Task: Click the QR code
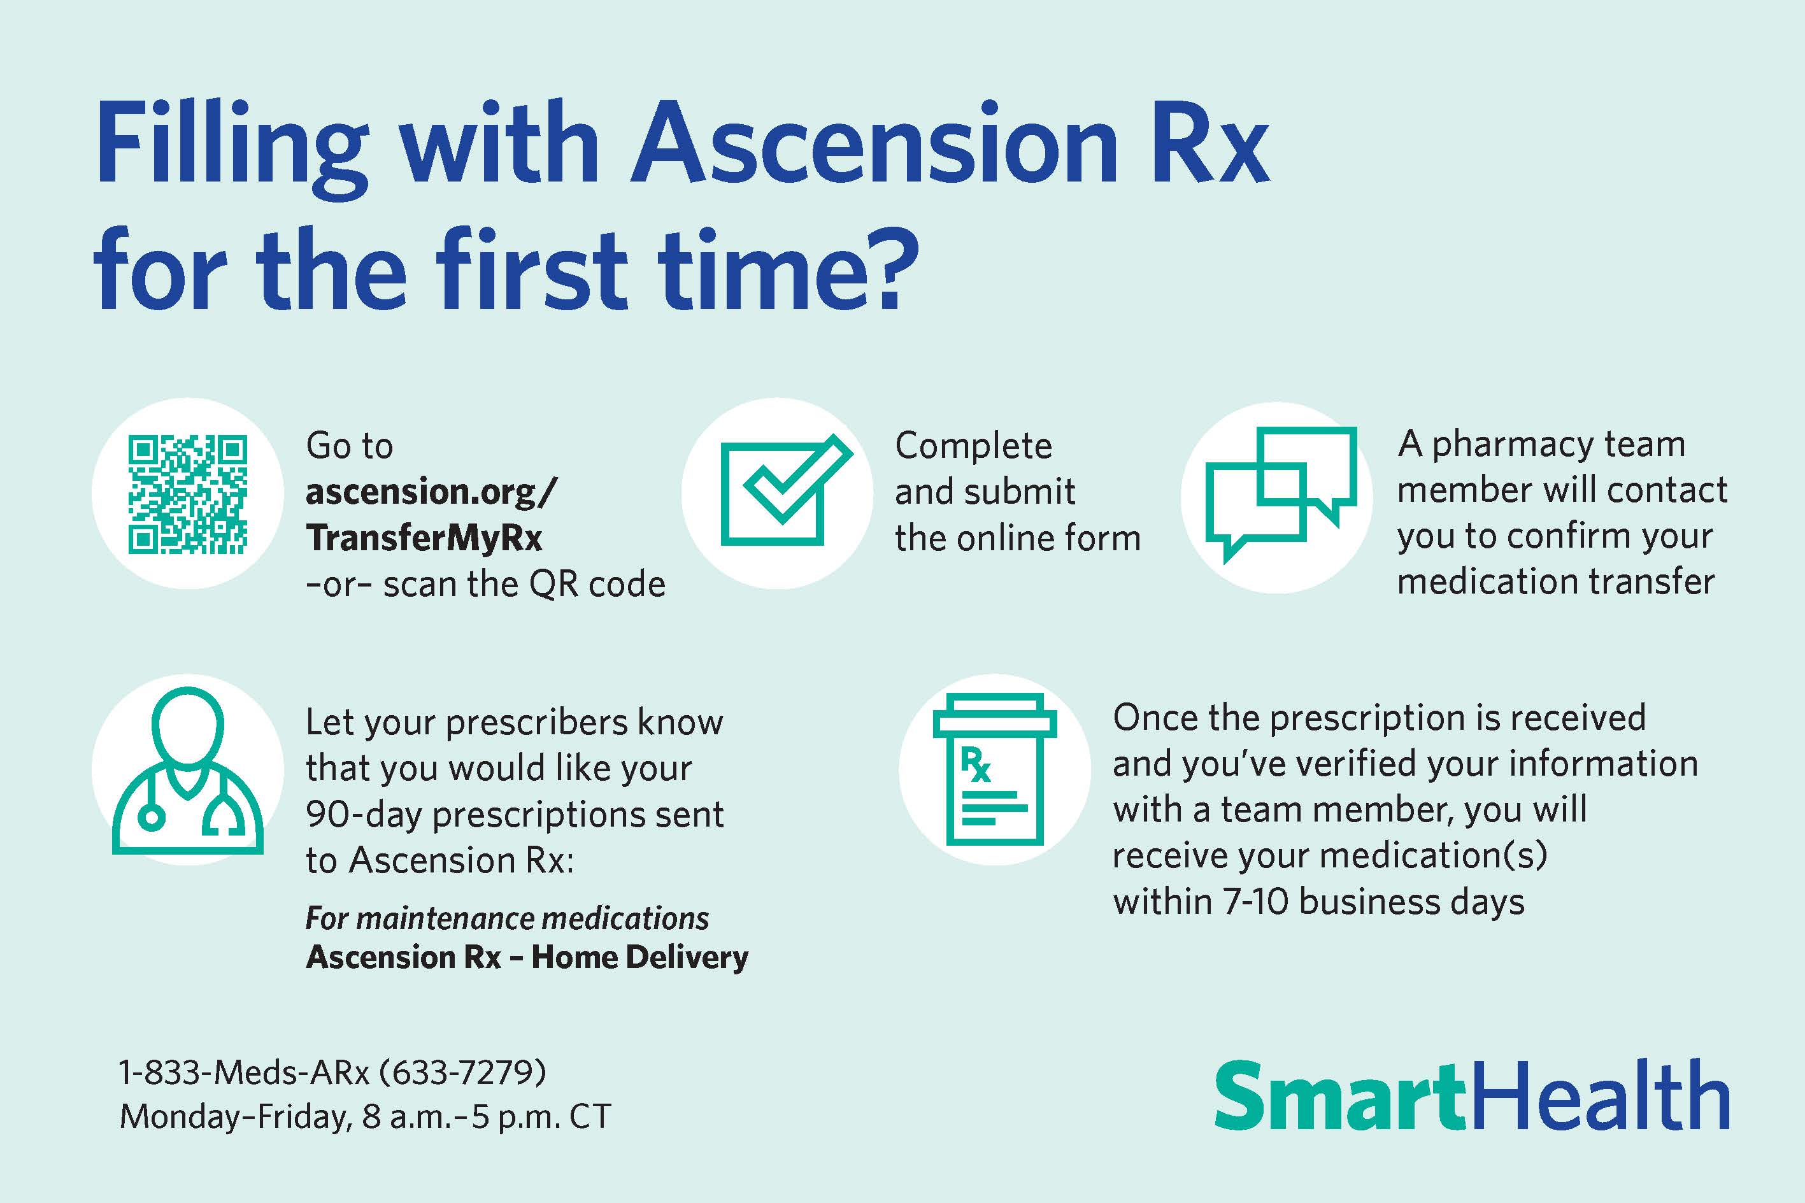(188, 494)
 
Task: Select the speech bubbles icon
(1280, 495)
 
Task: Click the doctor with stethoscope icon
(188, 771)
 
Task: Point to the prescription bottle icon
(995, 769)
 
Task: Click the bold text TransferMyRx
(424, 538)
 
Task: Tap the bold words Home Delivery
(639, 957)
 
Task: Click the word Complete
(973, 446)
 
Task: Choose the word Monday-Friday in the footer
(236, 1117)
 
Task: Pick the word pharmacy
(1513, 445)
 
